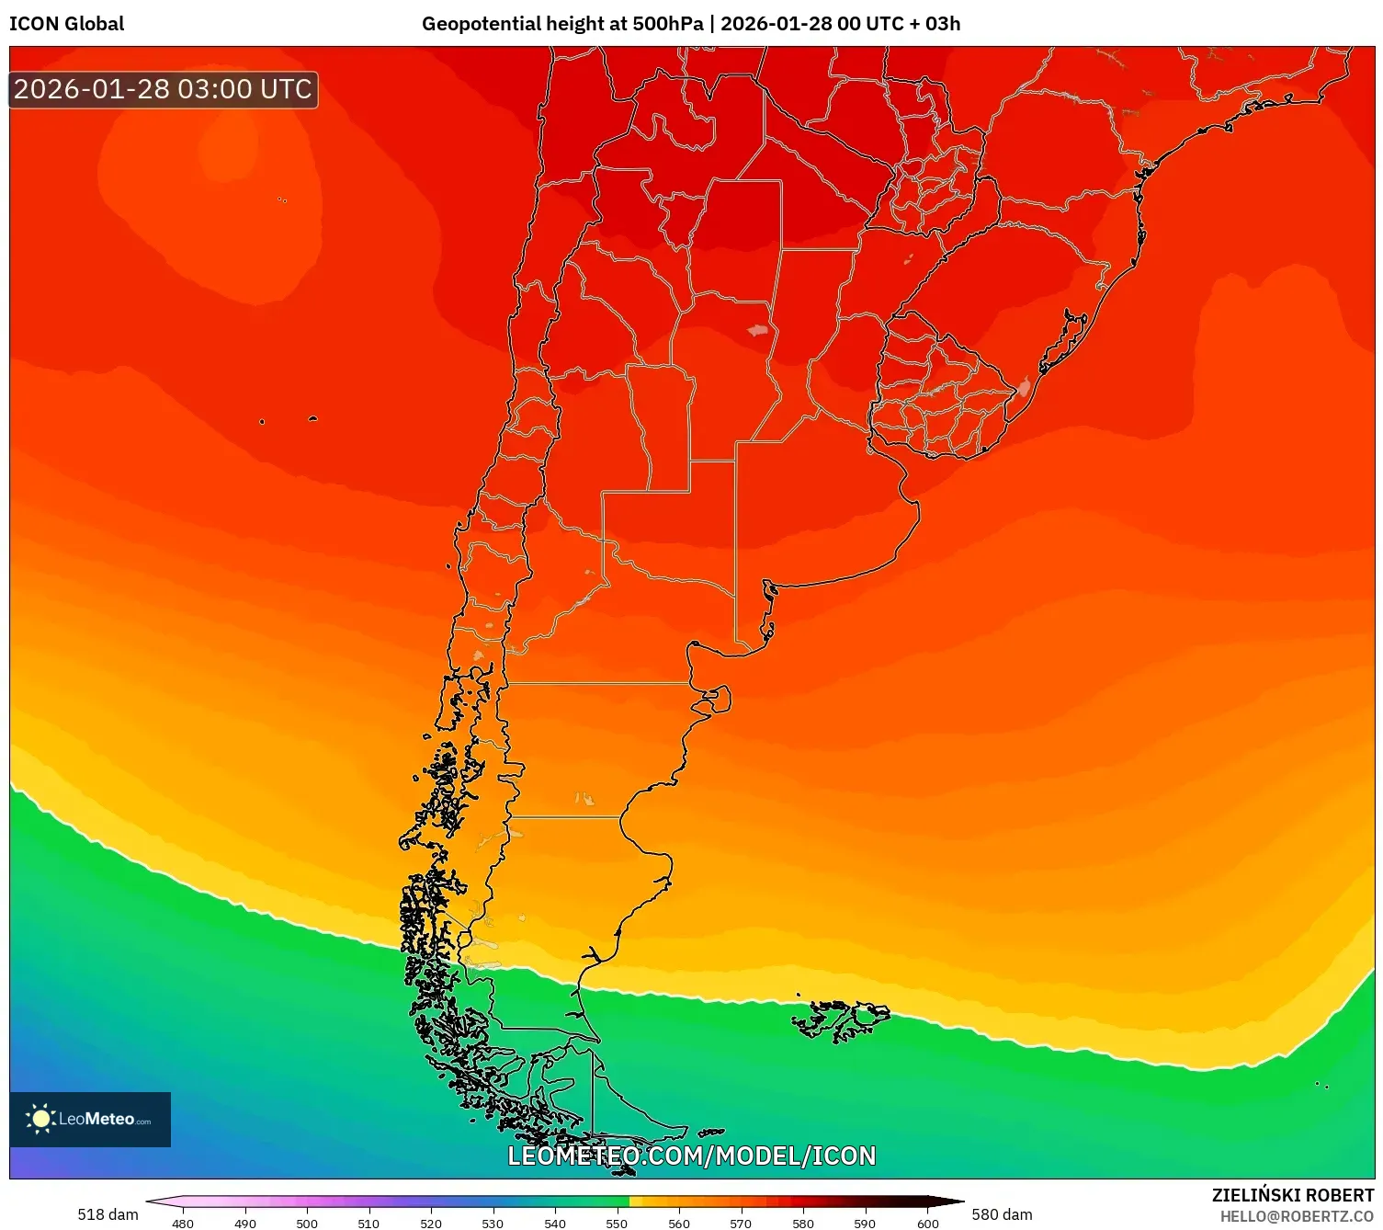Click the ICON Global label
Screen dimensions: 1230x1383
click(66, 24)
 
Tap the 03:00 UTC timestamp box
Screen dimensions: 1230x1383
click(163, 89)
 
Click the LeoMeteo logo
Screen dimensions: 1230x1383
click(90, 1119)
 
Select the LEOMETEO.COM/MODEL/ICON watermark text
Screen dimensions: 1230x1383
click(691, 1156)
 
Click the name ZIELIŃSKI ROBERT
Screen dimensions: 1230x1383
click(1292, 1195)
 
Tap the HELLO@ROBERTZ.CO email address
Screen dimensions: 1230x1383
click(1296, 1216)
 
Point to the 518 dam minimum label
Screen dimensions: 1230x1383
click(108, 1214)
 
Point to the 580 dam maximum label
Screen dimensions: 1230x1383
click(1002, 1214)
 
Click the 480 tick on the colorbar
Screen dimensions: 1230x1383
click(183, 1224)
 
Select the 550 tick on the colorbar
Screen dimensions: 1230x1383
click(617, 1224)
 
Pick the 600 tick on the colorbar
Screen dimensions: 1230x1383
click(928, 1224)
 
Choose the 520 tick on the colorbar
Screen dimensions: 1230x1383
click(431, 1224)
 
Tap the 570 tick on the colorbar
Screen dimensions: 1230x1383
click(741, 1224)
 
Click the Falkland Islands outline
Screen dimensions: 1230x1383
click(841, 1020)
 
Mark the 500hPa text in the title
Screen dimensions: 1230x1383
click(667, 24)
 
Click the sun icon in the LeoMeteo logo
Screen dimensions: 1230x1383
click(40, 1119)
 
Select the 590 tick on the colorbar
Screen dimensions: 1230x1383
click(865, 1224)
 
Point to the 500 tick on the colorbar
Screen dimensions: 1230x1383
click(307, 1224)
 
